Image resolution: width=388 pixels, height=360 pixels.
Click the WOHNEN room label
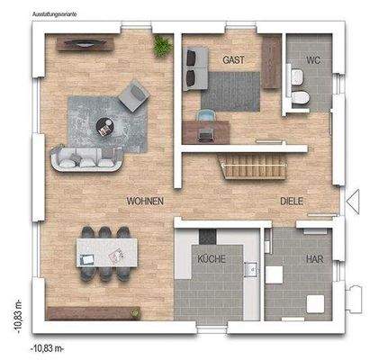coord(145,202)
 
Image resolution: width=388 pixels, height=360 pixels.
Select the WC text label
coord(313,60)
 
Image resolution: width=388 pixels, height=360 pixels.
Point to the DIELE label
coord(293,202)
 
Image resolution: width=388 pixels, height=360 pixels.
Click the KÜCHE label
coord(212,259)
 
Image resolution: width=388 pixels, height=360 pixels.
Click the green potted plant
coord(162,44)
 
